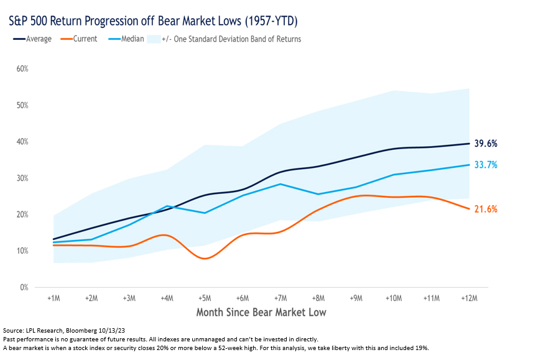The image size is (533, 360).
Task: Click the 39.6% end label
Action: click(485, 144)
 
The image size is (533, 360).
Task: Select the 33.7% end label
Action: click(485, 165)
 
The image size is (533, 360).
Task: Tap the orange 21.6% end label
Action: click(485, 209)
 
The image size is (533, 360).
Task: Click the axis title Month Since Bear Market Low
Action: click(261, 312)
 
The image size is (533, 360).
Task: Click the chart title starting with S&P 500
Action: click(153, 22)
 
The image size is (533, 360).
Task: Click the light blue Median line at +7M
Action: click(280, 184)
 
